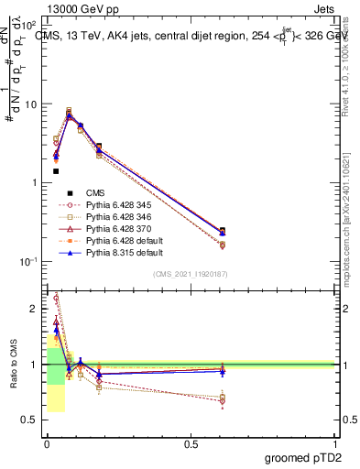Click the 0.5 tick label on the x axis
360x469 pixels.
coord(191,444)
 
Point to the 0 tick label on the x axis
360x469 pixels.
coord(46,444)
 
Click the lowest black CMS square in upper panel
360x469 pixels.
coord(56,171)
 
